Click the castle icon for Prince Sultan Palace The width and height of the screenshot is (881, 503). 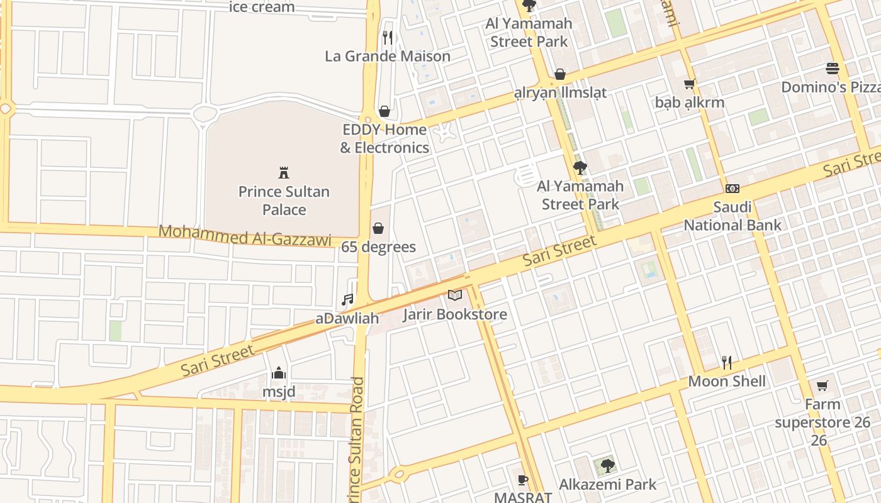[x=284, y=172]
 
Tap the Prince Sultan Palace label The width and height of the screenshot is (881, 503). [x=284, y=201]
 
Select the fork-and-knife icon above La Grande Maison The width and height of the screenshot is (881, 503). [x=388, y=38]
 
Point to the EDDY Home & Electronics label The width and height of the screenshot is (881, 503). [x=384, y=139]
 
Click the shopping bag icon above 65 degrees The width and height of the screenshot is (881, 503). [x=378, y=228]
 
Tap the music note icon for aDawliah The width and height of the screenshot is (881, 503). [x=347, y=300]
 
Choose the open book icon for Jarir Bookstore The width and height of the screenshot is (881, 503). [x=455, y=295]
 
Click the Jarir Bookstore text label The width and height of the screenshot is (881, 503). [x=455, y=314]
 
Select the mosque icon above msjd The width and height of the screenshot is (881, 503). [x=279, y=373]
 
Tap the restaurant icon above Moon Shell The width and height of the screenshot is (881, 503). [x=727, y=363]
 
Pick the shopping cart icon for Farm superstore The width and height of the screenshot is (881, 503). [x=822, y=385]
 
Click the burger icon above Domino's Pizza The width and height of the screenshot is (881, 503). [x=833, y=69]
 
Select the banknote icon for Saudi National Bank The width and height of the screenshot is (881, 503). [x=732, y=188]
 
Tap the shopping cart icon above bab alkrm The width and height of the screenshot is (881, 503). [x=690, y=84]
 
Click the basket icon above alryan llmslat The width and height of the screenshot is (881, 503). [x=560, y=74]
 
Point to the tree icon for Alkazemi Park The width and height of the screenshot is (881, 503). [x=607, y=466]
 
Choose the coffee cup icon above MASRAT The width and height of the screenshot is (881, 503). [x=522, y=480]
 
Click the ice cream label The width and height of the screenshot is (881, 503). [x=262, y=7]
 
